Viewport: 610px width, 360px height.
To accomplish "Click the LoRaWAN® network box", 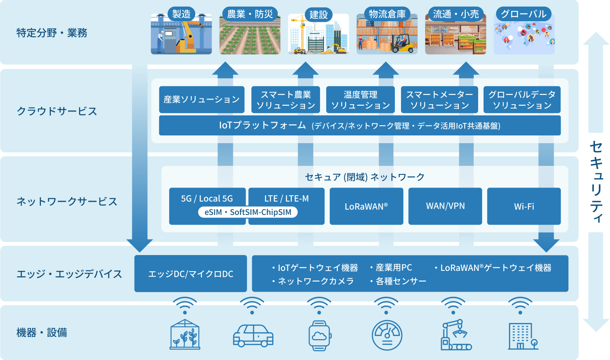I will coord(366,206).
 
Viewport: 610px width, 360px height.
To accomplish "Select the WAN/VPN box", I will coord(445,206).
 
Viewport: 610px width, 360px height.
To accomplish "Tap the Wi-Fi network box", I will coord(524,206).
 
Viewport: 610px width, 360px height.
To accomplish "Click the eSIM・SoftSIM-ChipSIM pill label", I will coord(248,212).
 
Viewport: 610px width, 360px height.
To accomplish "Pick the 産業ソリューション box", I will coord(201,100).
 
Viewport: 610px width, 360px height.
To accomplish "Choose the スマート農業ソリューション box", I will coord(285,100).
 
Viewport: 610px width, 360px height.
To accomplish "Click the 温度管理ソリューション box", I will coord(360,100).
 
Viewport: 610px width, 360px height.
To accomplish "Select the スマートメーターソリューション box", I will coord(439,100).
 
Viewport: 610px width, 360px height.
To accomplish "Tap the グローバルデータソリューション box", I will coord(522,100).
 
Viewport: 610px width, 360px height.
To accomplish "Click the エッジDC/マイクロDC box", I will coord(190,274).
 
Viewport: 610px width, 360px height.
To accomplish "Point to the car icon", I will coord(253,335).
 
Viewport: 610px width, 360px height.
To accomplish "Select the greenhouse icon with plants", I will coord(185,335).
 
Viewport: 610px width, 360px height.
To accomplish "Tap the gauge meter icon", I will coord(387,335).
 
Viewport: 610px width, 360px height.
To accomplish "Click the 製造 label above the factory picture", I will coord(181,14).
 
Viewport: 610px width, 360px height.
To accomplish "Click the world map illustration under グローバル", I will coord(524,37).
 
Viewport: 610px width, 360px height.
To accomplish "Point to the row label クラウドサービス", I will coord(57,111).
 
